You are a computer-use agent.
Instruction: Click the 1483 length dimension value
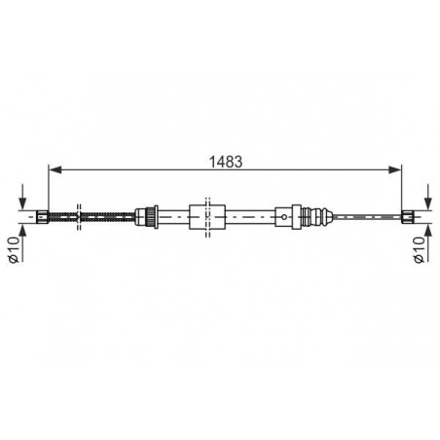pos(226,162)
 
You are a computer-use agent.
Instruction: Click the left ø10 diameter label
pos(14,249)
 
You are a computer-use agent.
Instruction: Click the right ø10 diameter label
pos(419,249)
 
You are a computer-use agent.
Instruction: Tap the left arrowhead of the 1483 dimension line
pos(55,169)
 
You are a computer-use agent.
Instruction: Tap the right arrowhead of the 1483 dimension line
pos(395,169)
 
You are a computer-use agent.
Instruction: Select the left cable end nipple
pos(43,216)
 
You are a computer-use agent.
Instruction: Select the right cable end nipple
pos(408,216)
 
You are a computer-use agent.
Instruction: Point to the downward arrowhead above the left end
pos(22,204)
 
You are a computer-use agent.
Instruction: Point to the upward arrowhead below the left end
pos(22,229)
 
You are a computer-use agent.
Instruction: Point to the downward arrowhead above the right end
pos(428,204)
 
